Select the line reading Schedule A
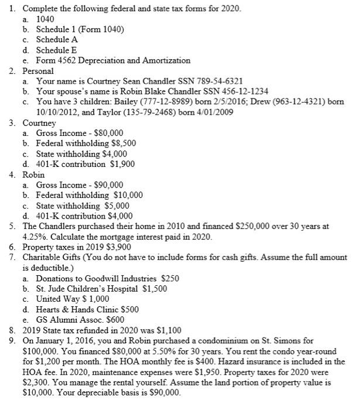[57, 39]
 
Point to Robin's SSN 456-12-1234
[229, 92]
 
